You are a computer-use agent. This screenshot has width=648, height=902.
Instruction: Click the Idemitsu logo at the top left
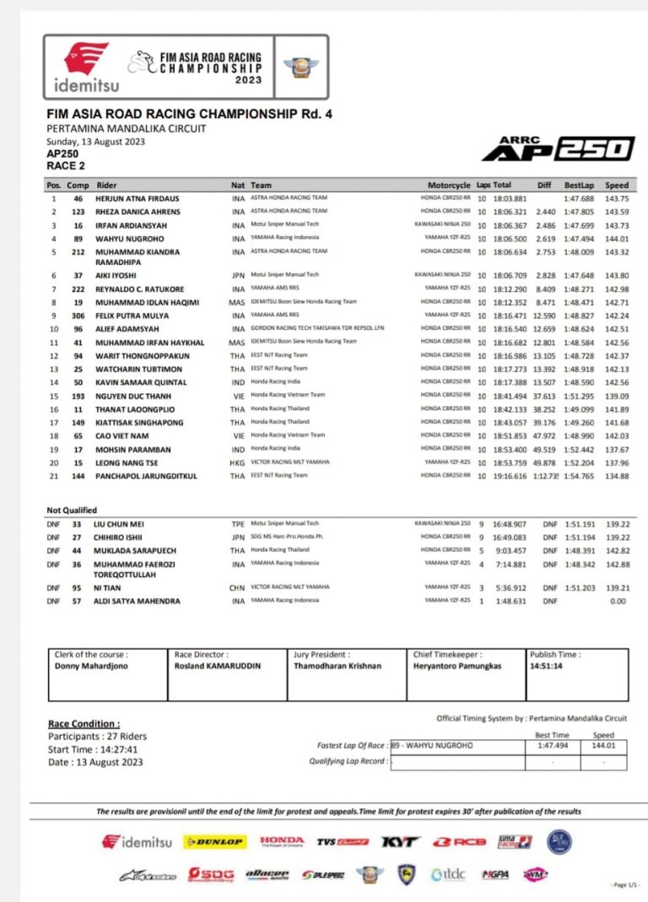point(87,68)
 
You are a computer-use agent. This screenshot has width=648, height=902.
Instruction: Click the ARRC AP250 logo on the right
point(558,148)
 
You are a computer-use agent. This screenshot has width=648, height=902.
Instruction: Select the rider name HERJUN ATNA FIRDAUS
point(138,197)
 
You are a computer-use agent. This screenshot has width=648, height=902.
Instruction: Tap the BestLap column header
point(579,185)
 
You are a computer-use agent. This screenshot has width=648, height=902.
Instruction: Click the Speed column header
point(617,185)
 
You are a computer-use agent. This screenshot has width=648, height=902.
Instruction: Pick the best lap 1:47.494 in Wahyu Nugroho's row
point(579,238)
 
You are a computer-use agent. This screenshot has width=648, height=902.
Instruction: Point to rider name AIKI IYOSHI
point(119,275)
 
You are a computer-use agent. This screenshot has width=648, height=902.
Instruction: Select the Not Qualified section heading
point(72,510)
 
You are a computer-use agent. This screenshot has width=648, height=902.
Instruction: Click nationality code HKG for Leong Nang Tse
point(237,462)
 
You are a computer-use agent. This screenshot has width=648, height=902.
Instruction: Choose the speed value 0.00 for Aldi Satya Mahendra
point(618,601)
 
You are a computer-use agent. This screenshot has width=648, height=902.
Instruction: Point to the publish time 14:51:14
point(548,666)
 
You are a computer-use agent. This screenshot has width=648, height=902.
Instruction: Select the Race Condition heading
point(84,724)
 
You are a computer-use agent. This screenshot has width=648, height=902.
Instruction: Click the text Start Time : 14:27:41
point(92,749)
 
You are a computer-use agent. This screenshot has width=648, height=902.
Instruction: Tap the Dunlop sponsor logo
point(215,842)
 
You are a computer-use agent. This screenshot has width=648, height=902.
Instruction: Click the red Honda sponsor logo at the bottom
point(282,841)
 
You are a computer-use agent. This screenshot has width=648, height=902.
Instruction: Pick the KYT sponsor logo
point(400,842)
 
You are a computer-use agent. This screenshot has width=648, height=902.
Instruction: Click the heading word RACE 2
point(65,166)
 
